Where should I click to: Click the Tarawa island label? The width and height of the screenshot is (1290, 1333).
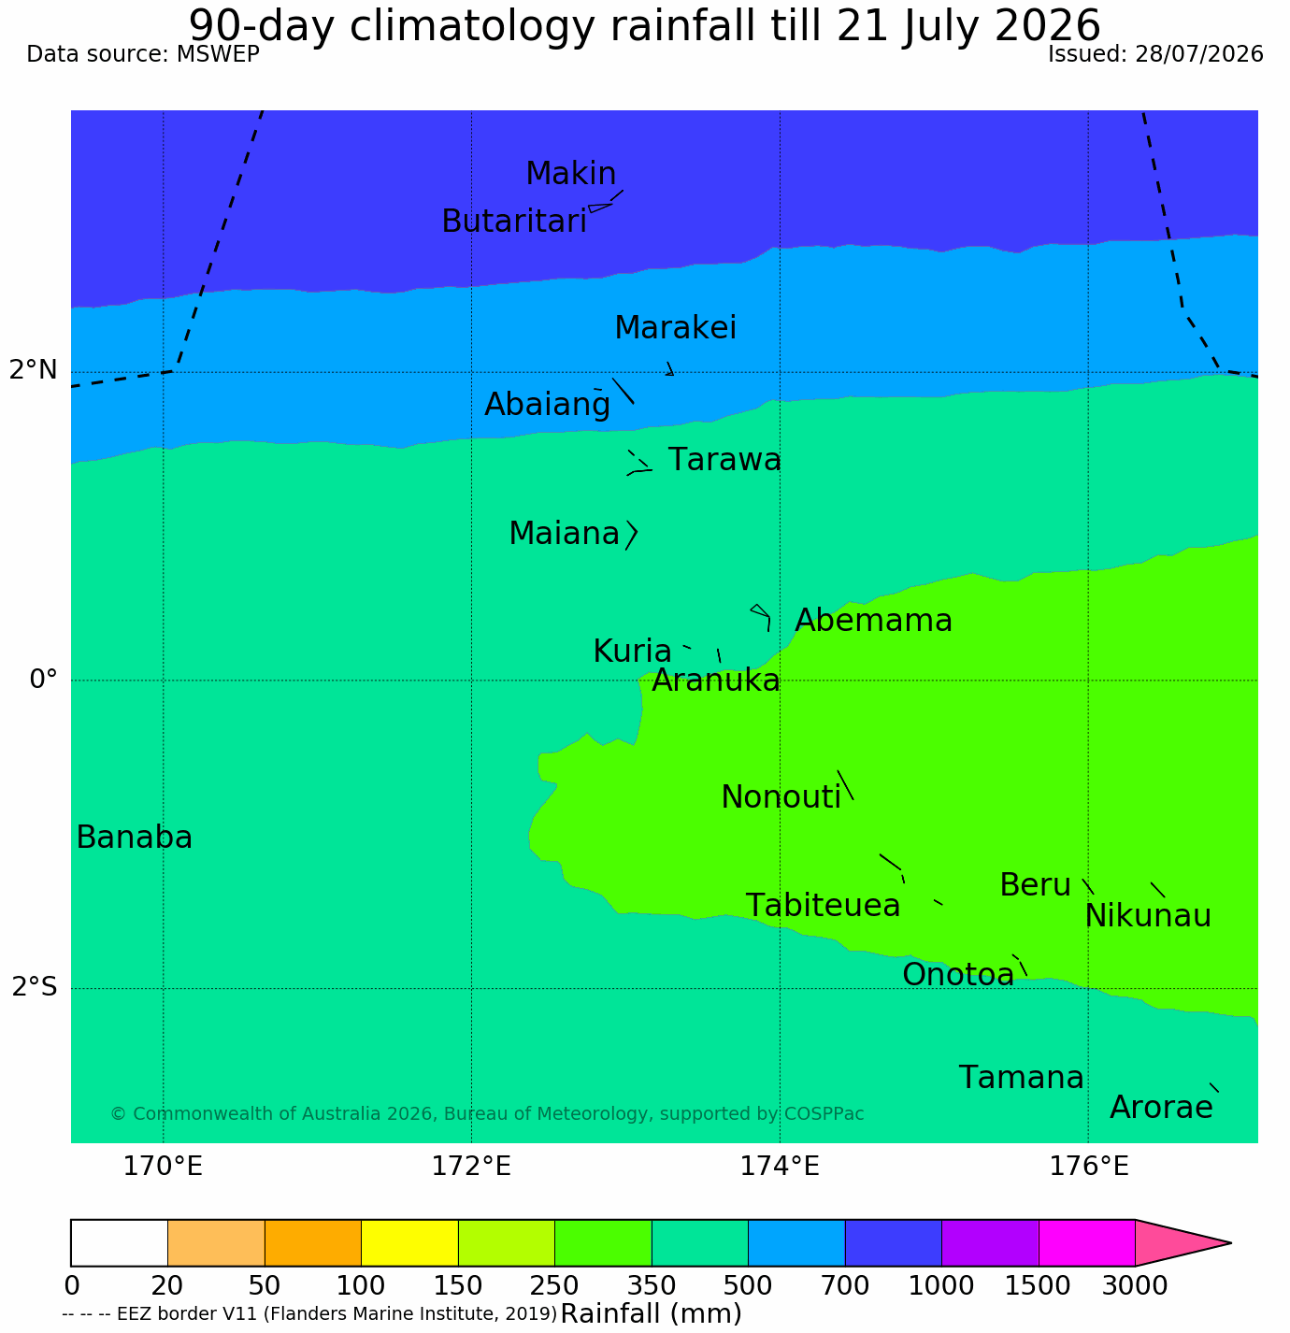coord(724,460)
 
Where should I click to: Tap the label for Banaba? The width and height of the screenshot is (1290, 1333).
coord(135,838)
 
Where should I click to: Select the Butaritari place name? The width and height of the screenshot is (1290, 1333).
coord(514,222)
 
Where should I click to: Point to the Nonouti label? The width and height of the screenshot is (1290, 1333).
coord(781,797)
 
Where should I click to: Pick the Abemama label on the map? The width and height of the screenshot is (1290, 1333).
coord(873,621)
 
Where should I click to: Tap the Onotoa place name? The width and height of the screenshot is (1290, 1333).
coord(958,975)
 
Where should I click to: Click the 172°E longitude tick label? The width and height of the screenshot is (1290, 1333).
coord(471,1166)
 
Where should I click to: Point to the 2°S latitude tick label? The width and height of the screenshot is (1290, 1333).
coord(35,987)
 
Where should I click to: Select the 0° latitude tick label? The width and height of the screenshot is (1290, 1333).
coord(43,679)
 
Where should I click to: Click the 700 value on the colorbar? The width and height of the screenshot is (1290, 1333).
coord(845,1285)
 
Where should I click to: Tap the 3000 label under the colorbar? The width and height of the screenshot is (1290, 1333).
coord(1135,1285)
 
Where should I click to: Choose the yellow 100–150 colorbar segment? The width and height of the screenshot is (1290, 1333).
coord(409,1242)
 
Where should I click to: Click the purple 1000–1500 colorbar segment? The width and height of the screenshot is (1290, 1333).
coord(990,1242)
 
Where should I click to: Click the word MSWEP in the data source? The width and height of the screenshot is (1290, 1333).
coord(218,54)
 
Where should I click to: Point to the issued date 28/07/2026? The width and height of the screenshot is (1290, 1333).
coord(1199,54)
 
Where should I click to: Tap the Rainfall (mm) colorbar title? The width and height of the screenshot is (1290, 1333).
coord(651,1313)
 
